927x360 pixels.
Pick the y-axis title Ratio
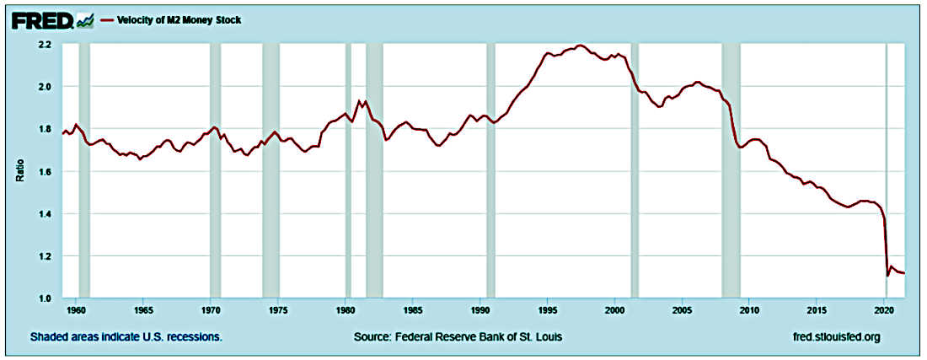click(19, 171)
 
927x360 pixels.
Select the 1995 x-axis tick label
click(548, 310)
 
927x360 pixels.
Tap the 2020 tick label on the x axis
click(885, 310)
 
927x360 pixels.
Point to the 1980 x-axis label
click(346, 310)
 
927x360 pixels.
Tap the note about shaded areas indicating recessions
click(126, 337)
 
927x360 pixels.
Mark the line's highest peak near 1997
click(581, 46)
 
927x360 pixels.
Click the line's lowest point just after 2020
click(887, 275)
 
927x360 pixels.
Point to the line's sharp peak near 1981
click(360, 101)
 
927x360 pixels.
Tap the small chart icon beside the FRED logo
click(85, 19)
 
